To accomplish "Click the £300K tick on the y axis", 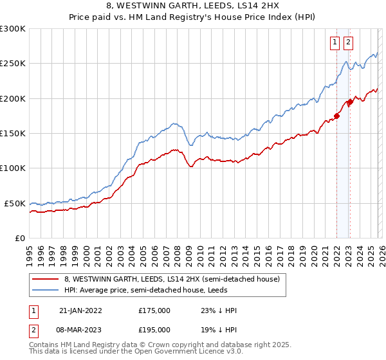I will tap(13, 29).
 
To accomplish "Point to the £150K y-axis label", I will tap(13, 134).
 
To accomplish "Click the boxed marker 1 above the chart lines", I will tap(335, 43).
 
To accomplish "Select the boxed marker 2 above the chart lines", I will tap(348, 43).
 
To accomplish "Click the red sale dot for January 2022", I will tap(336, 116).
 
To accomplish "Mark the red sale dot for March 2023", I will tap(349, 102).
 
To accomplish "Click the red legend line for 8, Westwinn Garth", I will tap(46, 280).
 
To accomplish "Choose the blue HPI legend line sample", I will tap(46, 291).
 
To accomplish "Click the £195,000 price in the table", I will tap(154, 329).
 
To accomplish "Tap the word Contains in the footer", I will tap(46, 345).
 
